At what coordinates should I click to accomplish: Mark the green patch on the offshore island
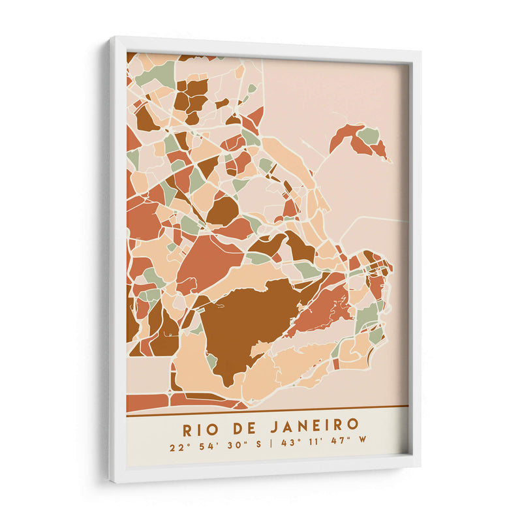click(369, 136)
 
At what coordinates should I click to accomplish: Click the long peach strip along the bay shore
click(291, 160)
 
